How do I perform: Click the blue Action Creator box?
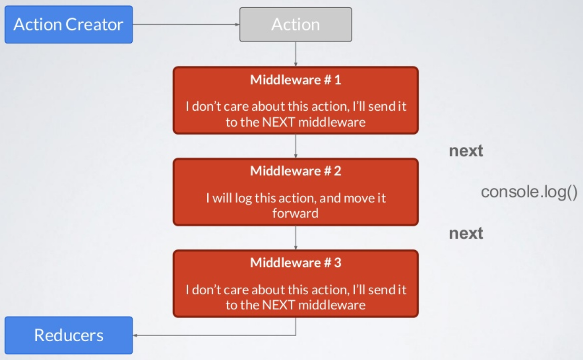(x=68, y=24)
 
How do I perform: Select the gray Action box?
(x=295, y=24)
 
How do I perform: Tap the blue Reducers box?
(x=68, y=335)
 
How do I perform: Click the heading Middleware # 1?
(x=295, y=80)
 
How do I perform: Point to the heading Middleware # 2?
(x=295, y=171)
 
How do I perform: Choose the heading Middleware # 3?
(x=295, y=262)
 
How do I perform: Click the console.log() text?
(x=529, y=192)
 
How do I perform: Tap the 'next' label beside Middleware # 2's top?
(x=466, y=151)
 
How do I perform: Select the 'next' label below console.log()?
(x=466, y=233)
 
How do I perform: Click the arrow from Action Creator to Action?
(x=186, y=24)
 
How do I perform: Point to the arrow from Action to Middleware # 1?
(x=295, y=54)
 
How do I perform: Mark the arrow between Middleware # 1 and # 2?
(x=295, y=146)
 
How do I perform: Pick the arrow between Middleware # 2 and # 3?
(x=295, y=238)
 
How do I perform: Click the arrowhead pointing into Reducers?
(x=135, y=336)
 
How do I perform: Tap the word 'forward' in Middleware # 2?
(x=295, y=214)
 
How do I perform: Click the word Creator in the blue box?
(x=94, y=24)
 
